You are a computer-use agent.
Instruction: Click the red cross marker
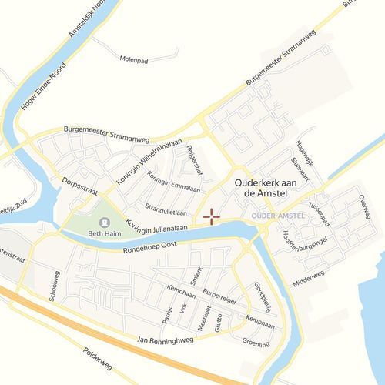tap(211, 216)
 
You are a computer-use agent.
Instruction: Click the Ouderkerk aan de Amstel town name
tap(265, 189)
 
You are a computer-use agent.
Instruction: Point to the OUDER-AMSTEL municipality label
tap(278, 215)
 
